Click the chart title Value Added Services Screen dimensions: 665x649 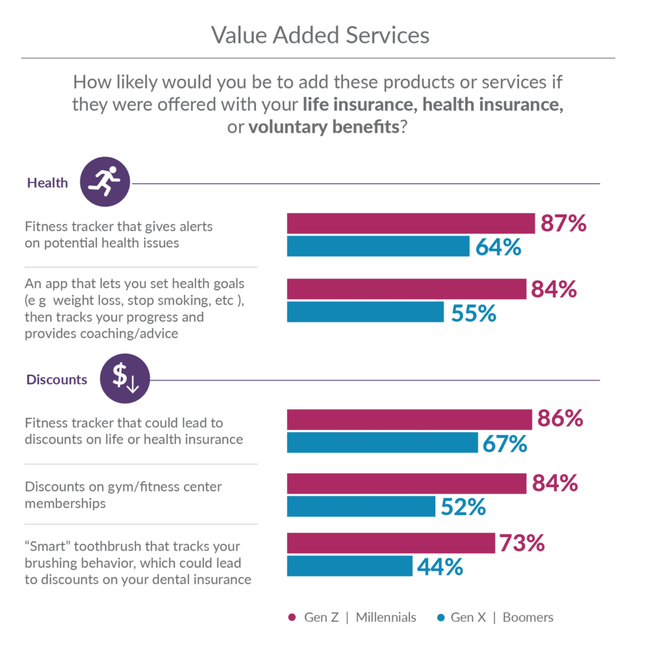320,35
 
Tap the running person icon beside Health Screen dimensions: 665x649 105,181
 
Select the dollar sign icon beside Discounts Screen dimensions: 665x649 125,379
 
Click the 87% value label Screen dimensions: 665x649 563,224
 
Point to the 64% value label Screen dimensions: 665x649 498,247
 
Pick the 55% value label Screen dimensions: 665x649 472,314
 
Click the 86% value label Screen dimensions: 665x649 560,420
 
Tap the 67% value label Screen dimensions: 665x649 505,445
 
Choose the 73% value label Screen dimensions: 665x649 521,543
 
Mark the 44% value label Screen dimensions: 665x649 440,567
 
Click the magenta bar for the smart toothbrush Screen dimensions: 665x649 390,543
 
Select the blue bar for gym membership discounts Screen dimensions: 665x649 361,507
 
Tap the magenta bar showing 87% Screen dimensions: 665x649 411,223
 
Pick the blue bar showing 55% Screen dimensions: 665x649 365,312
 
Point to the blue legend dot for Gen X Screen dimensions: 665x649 440,617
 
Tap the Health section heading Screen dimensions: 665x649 47,183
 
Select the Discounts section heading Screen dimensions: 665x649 57,380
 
